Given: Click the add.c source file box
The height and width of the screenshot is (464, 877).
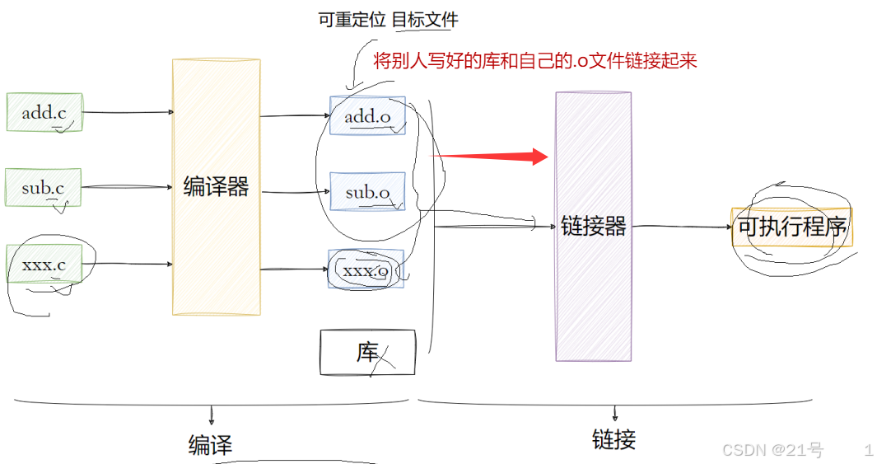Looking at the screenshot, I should click(x=44, y=112).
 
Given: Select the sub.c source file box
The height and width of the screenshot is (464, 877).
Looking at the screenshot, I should click(x=43, y=188).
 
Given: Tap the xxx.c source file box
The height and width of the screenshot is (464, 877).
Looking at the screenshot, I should click(x=44, y=265).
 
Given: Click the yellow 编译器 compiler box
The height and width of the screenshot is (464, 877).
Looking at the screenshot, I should click(x=216, y=187).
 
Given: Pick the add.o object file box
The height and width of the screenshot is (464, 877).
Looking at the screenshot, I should click(x=367, y=115).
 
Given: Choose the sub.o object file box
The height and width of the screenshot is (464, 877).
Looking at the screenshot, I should click(x=367, y=192).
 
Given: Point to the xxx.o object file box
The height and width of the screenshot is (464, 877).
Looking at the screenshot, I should click(x=366, y=269).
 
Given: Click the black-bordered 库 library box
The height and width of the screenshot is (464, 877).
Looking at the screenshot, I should click(x=367, y=352).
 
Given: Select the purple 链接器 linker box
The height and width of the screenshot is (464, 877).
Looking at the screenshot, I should click(x=593, y=226).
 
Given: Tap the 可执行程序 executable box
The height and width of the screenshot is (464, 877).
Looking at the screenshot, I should click(x=791, y=227).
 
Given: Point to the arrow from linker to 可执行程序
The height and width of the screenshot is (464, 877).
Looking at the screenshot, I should click(x=682, y=226).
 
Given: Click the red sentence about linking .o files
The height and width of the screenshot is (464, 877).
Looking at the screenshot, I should click(x=535, y=62).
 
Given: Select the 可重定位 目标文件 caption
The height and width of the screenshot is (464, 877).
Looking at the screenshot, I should click(x=388, y=20).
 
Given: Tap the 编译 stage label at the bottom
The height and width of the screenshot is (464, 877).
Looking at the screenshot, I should click(x=211, y=446).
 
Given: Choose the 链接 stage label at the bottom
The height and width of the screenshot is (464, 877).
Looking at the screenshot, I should click(x=613, y=439).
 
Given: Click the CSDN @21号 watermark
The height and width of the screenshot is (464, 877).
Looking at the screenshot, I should click(x=772, y=450).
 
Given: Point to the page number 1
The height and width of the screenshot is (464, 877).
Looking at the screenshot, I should click(x=868, y=450).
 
